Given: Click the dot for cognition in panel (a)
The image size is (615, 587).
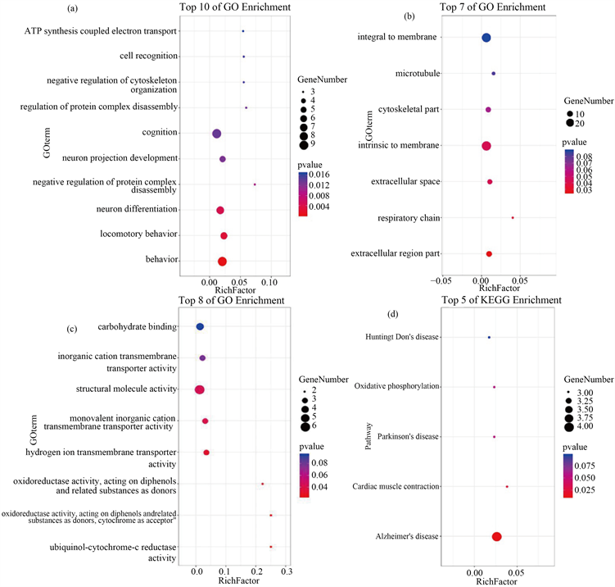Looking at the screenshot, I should [217, 134].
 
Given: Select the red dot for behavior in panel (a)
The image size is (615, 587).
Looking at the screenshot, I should [222, 262].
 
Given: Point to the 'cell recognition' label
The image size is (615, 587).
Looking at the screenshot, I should [147, 56].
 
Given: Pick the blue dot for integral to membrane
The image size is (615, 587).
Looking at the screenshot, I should [486, 38].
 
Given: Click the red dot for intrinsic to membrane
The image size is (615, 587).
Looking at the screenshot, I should [486, 146].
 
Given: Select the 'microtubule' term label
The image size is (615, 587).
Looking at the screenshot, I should [418, 74].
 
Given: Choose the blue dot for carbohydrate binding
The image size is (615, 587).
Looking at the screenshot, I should [200, 327].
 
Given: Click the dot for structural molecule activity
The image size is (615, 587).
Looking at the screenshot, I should [199, 389].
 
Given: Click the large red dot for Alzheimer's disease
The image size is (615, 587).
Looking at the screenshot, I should [496, 536].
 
